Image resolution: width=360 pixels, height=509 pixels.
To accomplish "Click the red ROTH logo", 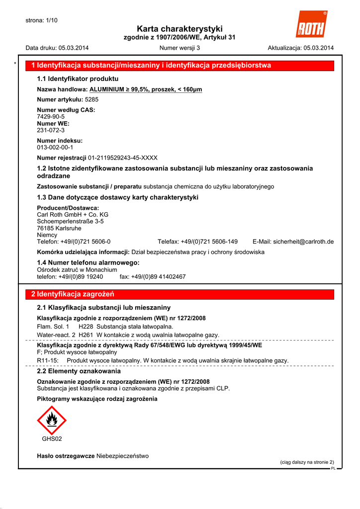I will [311, 25].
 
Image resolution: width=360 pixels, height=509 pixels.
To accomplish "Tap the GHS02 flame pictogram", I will [52, 421].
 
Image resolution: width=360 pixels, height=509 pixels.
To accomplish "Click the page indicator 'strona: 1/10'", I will [42, 20].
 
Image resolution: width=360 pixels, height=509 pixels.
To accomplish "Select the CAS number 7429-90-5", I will [51, 116].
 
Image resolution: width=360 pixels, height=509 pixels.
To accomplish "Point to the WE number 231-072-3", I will [51, 130].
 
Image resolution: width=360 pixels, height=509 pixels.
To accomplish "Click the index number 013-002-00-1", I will [55, 148].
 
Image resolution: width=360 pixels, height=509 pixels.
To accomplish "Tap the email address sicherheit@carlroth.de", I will [303, 242].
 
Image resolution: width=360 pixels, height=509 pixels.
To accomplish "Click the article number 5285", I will [92, 99].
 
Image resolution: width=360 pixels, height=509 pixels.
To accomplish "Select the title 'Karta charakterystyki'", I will [180, 29].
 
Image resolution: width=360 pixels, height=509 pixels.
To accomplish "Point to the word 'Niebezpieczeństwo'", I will [122, 456].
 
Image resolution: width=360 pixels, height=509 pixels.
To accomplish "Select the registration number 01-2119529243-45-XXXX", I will [123, 158].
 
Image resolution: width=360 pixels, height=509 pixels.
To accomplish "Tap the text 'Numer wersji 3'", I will [180, 48].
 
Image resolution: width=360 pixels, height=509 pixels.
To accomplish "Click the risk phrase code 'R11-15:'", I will [48, 360].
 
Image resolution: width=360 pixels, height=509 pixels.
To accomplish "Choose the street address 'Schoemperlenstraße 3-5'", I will [70, 221].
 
